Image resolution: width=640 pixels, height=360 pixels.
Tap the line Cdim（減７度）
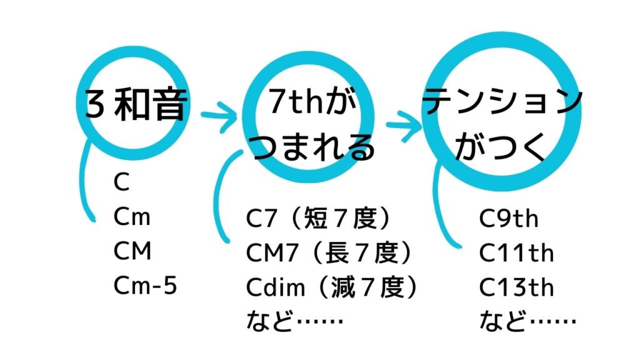tap(332, 288)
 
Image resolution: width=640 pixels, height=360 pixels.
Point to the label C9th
tap(509, 219)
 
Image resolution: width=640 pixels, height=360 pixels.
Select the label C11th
tap(516, 254)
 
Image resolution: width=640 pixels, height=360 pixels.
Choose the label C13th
tap(516, 288)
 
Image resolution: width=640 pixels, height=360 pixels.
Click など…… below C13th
tap(527, 322)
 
